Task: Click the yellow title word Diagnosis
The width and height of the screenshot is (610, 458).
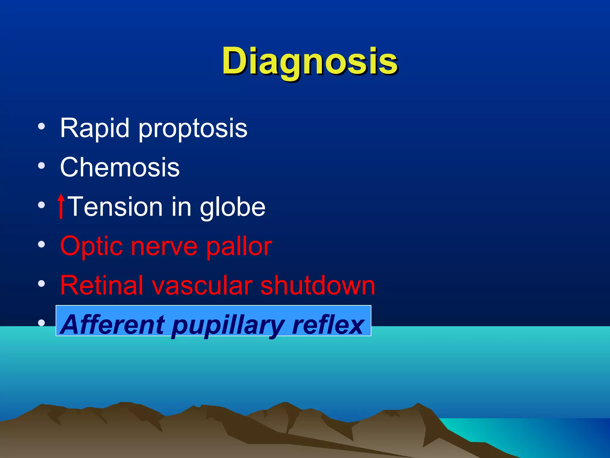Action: coord(310,62)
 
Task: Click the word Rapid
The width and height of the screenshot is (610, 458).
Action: coord(95,128)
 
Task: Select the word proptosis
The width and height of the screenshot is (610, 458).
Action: coord(193,129)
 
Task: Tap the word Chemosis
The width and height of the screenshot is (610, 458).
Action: coord(120,168)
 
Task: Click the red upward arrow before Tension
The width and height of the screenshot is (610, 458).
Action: coord(61,206)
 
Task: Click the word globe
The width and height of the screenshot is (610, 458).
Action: coord(232,207)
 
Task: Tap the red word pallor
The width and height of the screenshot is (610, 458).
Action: coord(239,247)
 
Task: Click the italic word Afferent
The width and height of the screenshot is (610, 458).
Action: coord(113,325)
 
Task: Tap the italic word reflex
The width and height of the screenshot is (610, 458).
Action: coord(328,325)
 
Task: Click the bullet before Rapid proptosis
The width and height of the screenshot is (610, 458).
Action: coord(41,126)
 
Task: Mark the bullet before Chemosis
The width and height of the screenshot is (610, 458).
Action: coord(41,165)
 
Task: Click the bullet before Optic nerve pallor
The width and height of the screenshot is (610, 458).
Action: coord(41,245)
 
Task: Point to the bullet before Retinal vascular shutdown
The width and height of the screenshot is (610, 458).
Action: coord(41,284)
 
